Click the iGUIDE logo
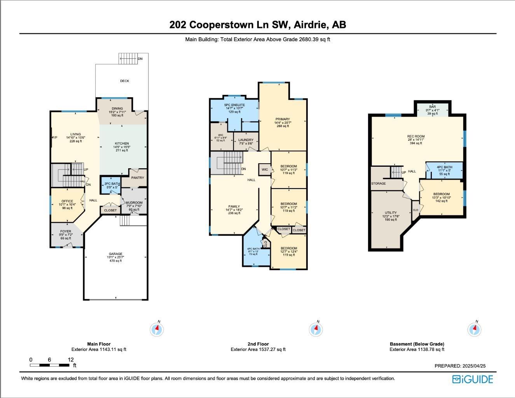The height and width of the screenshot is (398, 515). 472,379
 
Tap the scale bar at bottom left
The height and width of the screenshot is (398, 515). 50,365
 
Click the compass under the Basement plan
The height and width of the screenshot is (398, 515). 474,330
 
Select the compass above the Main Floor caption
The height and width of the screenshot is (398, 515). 157,330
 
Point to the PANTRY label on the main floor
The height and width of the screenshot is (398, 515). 138,178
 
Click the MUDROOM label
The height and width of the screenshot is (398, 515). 134,203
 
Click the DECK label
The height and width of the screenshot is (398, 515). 124,81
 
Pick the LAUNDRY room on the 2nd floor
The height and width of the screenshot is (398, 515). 246,140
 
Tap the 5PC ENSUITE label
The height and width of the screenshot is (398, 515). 234,105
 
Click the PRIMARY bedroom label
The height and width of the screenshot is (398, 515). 283,119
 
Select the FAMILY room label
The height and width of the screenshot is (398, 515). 234,206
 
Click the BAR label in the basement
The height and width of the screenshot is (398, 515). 432,106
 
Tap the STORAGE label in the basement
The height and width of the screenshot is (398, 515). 378,183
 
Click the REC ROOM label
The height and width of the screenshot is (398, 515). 415,136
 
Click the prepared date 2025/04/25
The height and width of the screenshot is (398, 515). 460,366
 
